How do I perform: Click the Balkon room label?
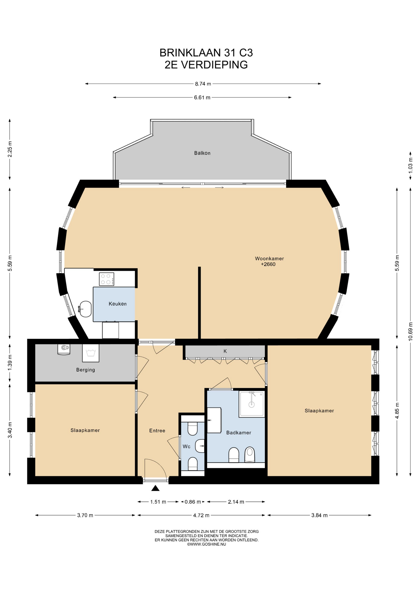point(202,153)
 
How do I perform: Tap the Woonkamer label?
point(269,258)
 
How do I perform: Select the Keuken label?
point(118,304)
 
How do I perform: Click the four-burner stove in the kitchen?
point(107,279)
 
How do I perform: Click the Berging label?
point(86,370)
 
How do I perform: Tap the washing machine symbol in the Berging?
point(91,353)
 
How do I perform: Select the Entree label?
point(157,430)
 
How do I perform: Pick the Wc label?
point(186,446)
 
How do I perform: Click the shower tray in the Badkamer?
point(252,404)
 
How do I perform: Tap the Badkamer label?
point(238,433)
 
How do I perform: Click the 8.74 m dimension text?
point(203,84)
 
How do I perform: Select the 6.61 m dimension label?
point(202,97)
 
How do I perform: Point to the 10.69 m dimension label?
point(410,331)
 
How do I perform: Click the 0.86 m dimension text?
point(193,502)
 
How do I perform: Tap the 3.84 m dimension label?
point(319,515)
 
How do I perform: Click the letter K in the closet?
point(225,351)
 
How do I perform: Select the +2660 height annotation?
point(268,264)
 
